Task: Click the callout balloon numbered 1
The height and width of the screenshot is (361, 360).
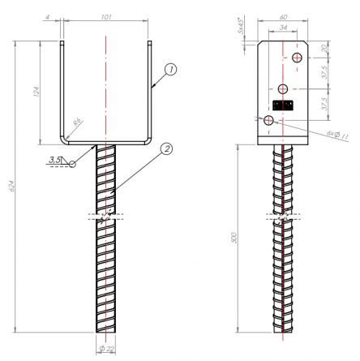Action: click(171, 71)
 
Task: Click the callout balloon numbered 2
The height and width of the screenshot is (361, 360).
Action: click(166, 149)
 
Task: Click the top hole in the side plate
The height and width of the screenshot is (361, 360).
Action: click(298, 57)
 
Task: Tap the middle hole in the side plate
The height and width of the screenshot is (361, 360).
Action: click(283, 88)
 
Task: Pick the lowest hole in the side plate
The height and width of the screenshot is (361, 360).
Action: click(269, 120)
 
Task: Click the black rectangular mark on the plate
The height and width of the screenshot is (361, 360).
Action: click(283, 105)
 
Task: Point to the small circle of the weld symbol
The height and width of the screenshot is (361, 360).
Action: click(73, 163)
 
